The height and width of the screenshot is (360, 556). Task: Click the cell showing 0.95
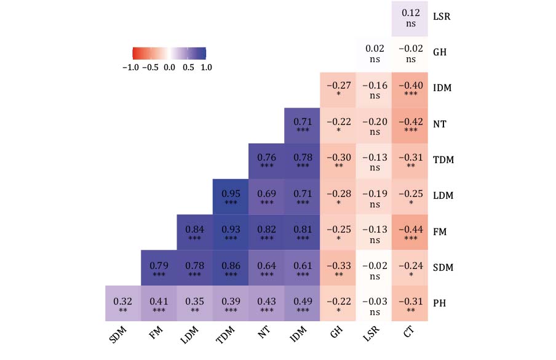pyautogui.click(x=231, y=196)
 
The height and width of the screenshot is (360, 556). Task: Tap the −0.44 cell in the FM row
pyautogui.click(x=410, y=232)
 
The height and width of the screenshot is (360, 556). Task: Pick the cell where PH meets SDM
pyautogui.click(x=123, y=304)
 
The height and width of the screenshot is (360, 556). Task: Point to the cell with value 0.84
pyautogui.click(x=195, y=232)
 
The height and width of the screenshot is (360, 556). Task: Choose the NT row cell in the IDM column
pyautogui.click(x=302, y=124)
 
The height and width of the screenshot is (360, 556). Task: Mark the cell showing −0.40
pyautogui.click(x=410, y=89)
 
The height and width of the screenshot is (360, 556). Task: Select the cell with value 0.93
pyautogui.click(x=231, y=232)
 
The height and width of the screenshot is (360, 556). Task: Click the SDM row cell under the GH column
pyautogui.click(x=338, y=268)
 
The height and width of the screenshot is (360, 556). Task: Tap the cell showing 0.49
pyautogui.click(x=302, y=304)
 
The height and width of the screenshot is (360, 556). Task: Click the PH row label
pyautogui.click(x=440, y=304)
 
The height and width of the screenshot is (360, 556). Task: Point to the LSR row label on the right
pyautogui.click(x=442, y=17)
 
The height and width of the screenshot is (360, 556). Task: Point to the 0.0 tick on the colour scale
pyautogui.click(x=169, y=67)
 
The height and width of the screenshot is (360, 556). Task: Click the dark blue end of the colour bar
pyautogui.click(x=202, y=52)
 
